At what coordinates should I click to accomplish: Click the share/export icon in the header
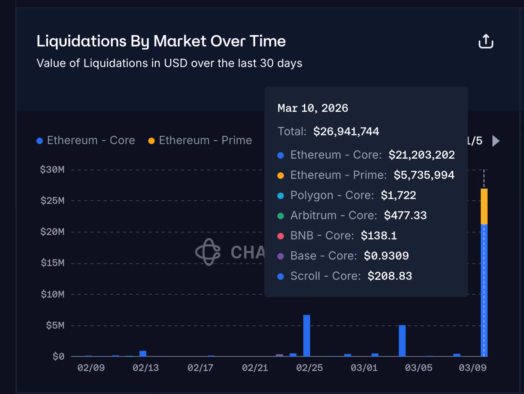[486, 41]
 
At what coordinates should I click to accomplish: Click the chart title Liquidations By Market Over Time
[161, 41]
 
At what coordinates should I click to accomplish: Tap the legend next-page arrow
[496, 141]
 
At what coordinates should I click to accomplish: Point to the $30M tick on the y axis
[52, 170]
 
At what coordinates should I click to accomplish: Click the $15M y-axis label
[53, 263]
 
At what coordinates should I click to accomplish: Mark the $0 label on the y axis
[58, 356]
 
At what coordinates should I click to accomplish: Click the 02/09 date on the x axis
[91, 368]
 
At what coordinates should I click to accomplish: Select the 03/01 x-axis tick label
[364, 368]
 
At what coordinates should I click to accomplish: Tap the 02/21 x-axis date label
[255, 368]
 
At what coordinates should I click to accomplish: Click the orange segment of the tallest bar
[484, 206]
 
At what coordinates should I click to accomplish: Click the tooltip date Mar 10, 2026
[313, 108]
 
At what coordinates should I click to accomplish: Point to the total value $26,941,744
[346, 132]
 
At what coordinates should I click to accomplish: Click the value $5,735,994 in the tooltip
[424, 175]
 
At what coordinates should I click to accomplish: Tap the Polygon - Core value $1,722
[398, 195]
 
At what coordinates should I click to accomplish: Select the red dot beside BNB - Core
[281, 236]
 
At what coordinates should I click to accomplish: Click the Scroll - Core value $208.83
[389, 276]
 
